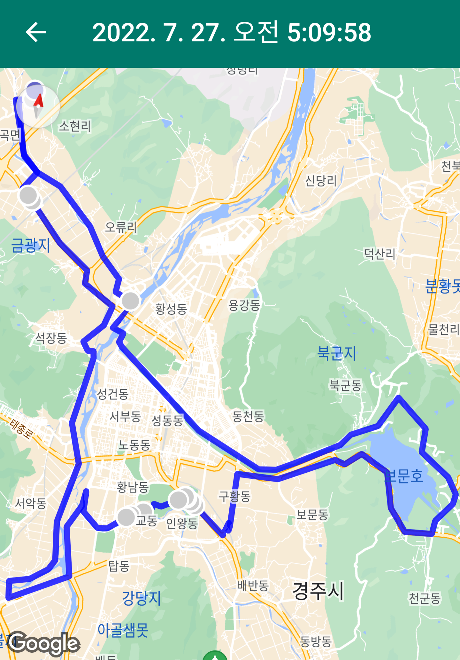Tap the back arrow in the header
coord(36,32)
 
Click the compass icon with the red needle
coord(38,106)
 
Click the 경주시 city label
coord(318,591)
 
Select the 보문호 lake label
coord(404,476)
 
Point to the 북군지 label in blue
coord(336,353)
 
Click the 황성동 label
coord(171,309)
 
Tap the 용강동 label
coord(244,305)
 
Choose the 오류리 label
coord(121,227)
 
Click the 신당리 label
coord(321,181)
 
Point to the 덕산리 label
coord(379,254)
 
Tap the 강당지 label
coord(142,598)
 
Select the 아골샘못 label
coord(123,630)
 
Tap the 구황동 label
coord(235,496)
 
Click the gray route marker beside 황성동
coord(130,301)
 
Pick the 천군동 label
coord(425,598)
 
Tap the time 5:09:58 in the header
coord(329,32)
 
